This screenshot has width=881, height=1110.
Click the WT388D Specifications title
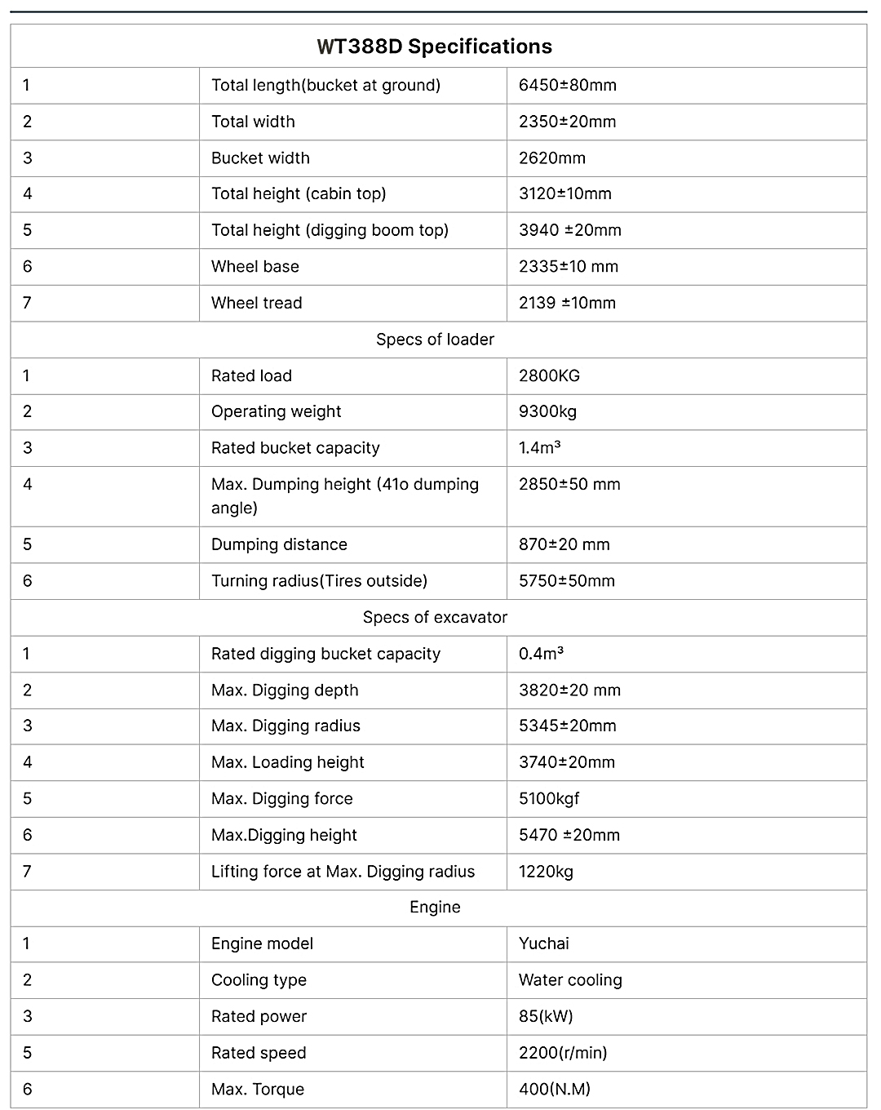[434, 47]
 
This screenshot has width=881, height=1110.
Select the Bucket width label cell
[260, 158]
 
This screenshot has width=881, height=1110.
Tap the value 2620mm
[551, 158]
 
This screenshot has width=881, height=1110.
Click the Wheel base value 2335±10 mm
[568, 266]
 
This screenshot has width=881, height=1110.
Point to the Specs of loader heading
[435, 339]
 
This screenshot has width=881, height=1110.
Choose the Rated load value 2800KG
[549, 375]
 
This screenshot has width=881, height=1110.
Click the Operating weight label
[276, 411]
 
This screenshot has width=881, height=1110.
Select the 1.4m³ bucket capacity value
[539, 447]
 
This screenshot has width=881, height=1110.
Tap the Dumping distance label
[279, 544]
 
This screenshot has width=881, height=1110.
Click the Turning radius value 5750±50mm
[566, 580]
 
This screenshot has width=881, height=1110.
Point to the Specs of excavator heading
[435, 617]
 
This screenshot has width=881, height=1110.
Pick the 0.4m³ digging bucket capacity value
[541, 653]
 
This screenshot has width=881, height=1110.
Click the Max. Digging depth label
[285, 690]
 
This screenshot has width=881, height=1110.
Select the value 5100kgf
[548, 798]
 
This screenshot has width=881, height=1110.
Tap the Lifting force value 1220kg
[546, 871]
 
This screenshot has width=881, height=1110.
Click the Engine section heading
[435, 907]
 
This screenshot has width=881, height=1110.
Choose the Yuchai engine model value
[543, 943]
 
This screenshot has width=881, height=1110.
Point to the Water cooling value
[569, 979]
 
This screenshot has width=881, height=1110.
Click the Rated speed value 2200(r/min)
[562, 1052]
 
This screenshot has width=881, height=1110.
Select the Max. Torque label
[257, 1089]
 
